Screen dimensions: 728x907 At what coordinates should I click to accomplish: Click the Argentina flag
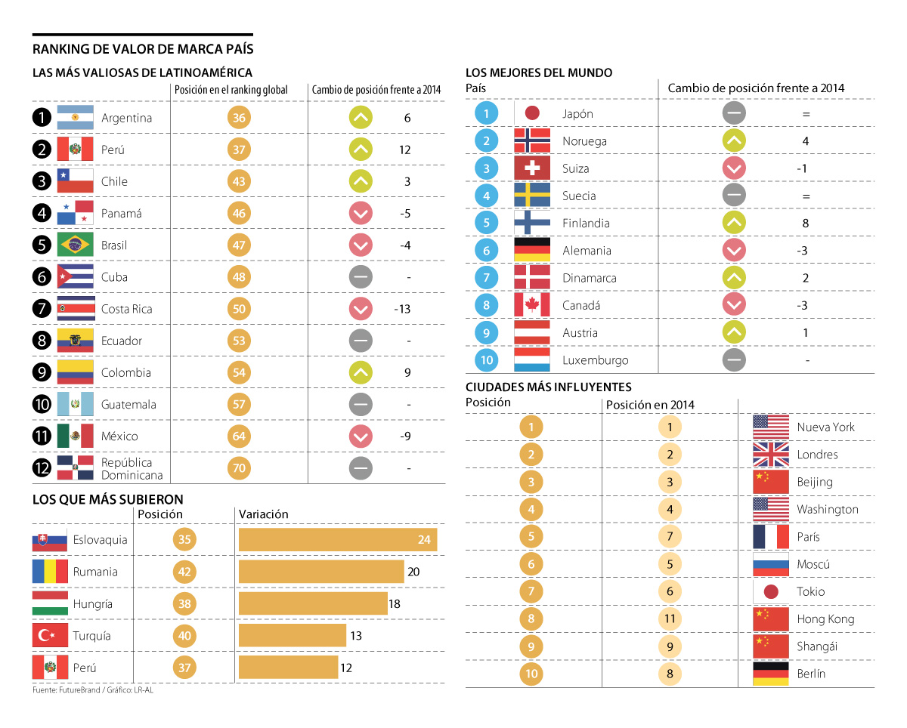[75, 118]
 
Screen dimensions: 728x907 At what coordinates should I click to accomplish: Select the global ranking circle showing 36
[239, 118]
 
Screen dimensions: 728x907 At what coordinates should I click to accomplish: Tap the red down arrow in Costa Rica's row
[361, 309]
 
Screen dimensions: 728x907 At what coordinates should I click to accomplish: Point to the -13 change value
[402, 309]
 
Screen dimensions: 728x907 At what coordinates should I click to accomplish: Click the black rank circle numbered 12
[43, 468]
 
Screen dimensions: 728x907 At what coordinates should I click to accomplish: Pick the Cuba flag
[75, 277]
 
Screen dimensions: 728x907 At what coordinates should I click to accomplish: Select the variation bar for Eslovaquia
[338, 540]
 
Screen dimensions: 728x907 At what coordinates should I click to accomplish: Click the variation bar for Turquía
[292, 636]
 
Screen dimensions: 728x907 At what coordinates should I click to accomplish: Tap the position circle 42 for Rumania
[184, 572]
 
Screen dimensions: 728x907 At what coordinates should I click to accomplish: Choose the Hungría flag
[50, 604]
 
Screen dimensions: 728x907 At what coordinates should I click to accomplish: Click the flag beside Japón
[532, 114]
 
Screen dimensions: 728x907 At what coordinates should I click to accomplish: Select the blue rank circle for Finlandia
[487, 224]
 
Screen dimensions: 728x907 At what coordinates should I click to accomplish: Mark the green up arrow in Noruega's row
[734, 141]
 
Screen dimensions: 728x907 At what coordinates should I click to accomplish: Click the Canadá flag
[532, 306]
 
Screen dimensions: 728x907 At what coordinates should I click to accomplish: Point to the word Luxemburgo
[596, 360]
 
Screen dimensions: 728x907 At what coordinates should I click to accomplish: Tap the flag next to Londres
[771, 455]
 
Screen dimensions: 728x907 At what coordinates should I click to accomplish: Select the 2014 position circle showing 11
[670, 619]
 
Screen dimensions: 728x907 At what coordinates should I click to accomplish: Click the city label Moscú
[813, 564]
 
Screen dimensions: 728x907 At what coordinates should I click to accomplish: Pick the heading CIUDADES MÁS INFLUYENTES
[549, 387]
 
